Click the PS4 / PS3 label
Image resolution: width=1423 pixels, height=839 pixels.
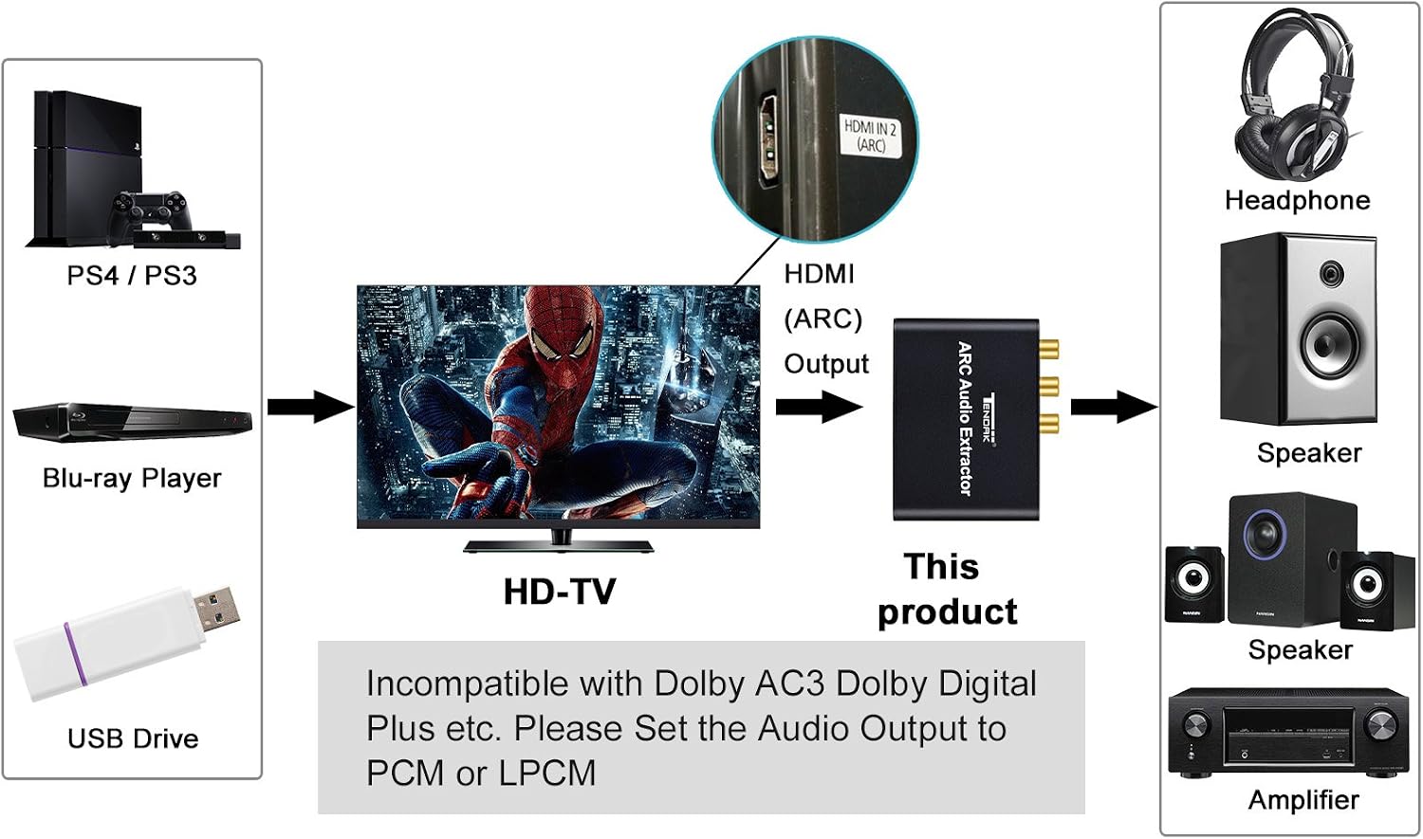[x=132, y=276]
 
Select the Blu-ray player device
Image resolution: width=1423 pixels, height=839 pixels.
[x=132, y=421]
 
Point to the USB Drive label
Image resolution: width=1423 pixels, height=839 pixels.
[x=133, y=739]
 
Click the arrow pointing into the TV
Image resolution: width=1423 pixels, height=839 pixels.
[x=310, y=407]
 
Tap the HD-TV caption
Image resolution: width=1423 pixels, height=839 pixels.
[x=559, y=592]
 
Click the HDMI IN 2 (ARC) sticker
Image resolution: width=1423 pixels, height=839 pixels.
[x=870, y=136]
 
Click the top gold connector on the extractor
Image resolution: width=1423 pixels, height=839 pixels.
[x=1049, y=349]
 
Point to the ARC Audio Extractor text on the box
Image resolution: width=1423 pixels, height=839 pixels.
[x=965, y=418]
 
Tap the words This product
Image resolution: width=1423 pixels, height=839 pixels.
[x=947, y=589]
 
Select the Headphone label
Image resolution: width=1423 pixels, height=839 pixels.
[x=1297, y=200]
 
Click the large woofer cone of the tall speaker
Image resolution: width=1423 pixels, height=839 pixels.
[x=1330, y=345]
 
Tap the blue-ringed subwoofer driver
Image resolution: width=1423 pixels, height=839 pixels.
[x=1266, y=535]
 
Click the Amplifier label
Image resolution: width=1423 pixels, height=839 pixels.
[x=1303, y=799]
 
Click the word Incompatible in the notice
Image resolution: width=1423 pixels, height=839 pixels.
[x=468, y=684]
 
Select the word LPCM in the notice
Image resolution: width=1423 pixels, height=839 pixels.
[x=547, y=773]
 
